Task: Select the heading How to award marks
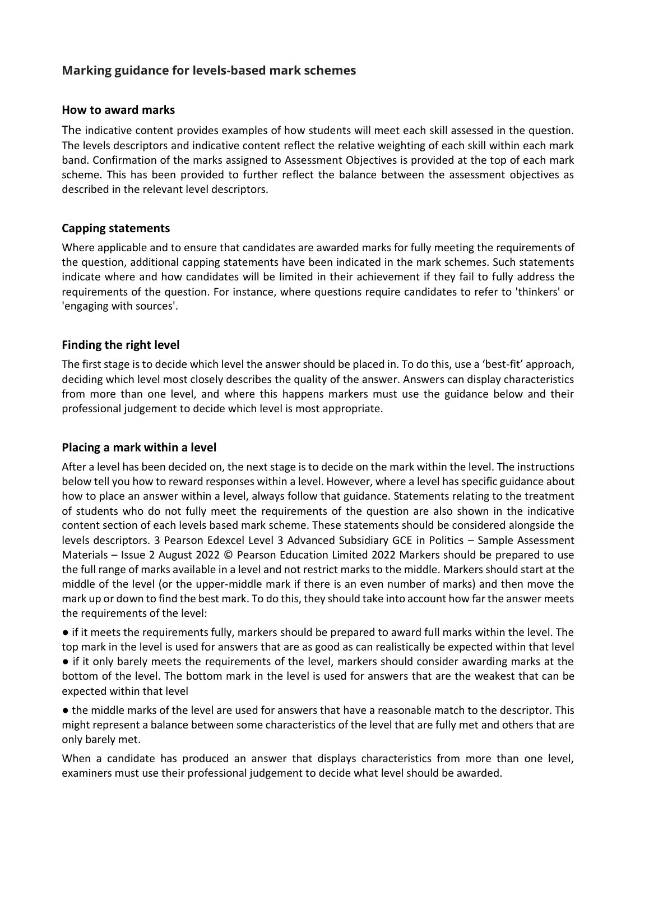pyautogui.click(x=118, y=110)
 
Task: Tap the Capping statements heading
pyautogui.click(x=115, y=228)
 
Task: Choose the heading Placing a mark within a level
pyautogui.click(x=139, y=448)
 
